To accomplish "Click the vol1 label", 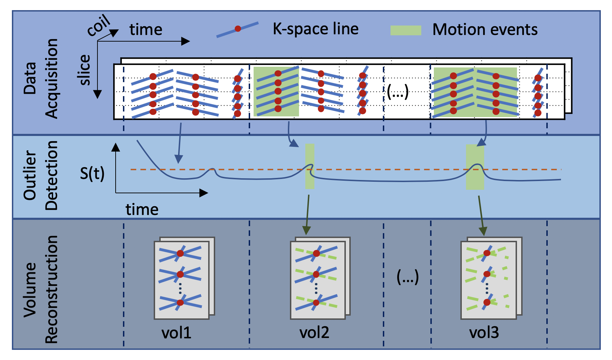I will [x=176, y=332].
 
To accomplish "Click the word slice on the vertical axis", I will [x=85, y=70].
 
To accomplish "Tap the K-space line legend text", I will [x=315, y=29].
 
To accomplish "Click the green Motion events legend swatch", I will [x=406, y=30].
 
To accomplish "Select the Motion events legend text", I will [x=485, y=30].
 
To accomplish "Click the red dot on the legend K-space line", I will [x=238, y=29].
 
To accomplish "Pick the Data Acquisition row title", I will [x=41, y=79].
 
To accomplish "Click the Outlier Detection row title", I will [x=41, y=175].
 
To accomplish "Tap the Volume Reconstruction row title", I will [x=41, y=289].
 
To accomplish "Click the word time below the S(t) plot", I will [x=142, y=209].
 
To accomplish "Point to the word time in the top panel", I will [x=146, y=30].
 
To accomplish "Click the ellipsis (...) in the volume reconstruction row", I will [x=408, y=277].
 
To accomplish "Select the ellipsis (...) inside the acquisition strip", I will [x=398, y=92].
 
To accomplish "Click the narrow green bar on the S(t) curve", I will [x=309, y=166].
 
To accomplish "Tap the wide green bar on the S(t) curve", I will [x=475, y=167].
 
